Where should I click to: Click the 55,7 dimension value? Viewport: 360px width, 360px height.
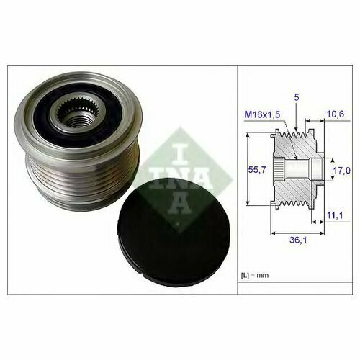click(257, 170)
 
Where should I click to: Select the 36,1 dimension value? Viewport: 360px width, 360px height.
click(298, 240)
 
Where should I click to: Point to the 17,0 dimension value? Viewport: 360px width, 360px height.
click(342, 171)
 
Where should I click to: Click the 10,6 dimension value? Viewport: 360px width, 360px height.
click(336, 114)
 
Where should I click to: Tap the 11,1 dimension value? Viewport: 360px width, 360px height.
click(335, 216)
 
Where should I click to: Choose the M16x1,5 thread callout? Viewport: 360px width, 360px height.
click(262, 114)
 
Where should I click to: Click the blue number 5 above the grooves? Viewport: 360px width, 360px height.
click(297, 97)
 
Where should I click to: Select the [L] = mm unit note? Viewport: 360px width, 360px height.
click(255, 275)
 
